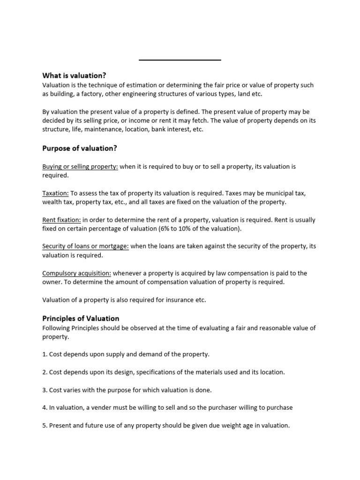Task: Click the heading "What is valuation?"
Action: [x=74, y=75]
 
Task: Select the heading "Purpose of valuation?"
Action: [x=80, y=149]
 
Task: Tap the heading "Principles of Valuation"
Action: [x=81, y=318]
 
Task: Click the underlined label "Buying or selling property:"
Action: [x=80, y=166]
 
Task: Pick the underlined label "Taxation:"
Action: [x=56, y=193]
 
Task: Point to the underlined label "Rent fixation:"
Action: [x=61, y=220]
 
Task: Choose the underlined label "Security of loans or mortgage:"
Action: [x=85, y=247]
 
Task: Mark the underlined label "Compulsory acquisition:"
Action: [x=77, y=273]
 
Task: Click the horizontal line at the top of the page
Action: [x=180, y=60]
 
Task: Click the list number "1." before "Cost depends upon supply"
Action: [x=45, y=354]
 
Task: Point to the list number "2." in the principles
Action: [x=45, y=372]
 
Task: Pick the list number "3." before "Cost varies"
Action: [x=45, y=390]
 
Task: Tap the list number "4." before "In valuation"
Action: [x=45, y=408]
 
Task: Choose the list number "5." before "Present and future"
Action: [x=45, y=426]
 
